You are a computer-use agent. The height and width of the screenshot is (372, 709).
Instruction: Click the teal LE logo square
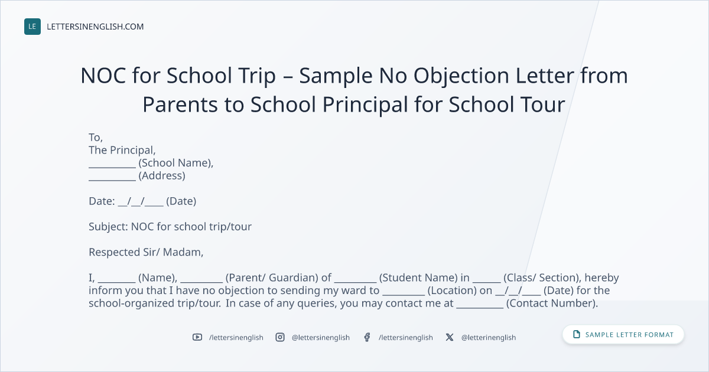tap(32, 27)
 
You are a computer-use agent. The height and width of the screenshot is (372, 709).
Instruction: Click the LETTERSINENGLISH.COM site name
tap(95, 27)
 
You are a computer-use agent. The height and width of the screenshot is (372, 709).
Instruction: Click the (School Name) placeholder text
tap(176, 163)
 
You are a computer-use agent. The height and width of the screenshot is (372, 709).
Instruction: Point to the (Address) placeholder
tap(162, 175)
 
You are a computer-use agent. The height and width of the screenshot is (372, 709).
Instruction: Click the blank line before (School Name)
tap(112, 167)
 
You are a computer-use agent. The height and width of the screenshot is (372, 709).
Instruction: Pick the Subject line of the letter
tap(170, 227)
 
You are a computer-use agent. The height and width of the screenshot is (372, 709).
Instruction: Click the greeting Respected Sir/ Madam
tap(146, 252)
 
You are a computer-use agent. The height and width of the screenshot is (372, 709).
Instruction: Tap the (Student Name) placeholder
tap(418, 278)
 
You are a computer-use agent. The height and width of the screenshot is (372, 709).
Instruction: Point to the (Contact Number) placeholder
tap(552, 304)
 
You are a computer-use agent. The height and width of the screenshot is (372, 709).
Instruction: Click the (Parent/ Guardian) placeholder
tap(272, 278)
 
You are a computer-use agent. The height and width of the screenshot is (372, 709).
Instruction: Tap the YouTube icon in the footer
tap(197, 337)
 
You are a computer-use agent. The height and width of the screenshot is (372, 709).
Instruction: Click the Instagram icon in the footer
tap(280, 337)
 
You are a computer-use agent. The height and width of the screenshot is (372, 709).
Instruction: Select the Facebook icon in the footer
tap(367, 337)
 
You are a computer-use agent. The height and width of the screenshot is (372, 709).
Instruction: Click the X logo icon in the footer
tap(450, 337)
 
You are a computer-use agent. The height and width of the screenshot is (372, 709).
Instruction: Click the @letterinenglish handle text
tap(489, 338)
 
